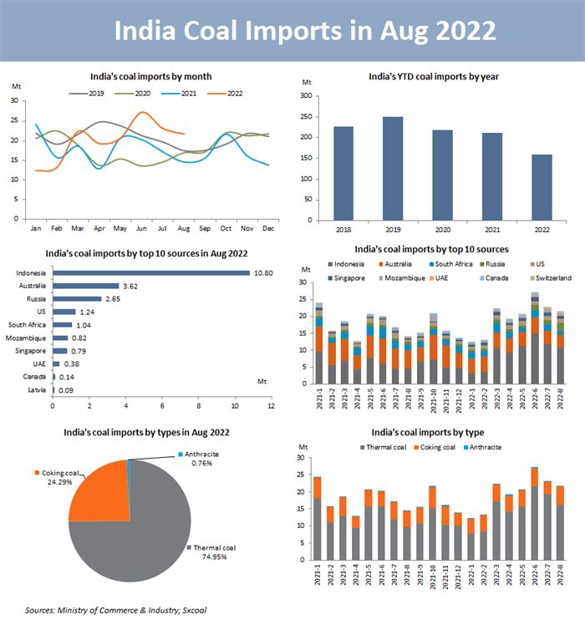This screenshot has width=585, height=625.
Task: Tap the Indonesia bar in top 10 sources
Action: point(151,272)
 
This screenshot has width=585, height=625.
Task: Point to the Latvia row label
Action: point(37,389)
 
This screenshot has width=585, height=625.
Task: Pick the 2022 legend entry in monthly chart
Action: point(228,94)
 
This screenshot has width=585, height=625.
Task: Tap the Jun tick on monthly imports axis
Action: point(143,228)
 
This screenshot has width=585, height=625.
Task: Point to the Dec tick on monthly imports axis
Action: point(268,228)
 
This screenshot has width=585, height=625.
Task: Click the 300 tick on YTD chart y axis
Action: point(307,96)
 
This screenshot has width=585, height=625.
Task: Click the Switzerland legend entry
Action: point(552,277)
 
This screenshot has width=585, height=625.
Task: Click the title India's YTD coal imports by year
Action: point(435,77)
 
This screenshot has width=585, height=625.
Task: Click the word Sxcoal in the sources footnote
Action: point(191,610)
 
